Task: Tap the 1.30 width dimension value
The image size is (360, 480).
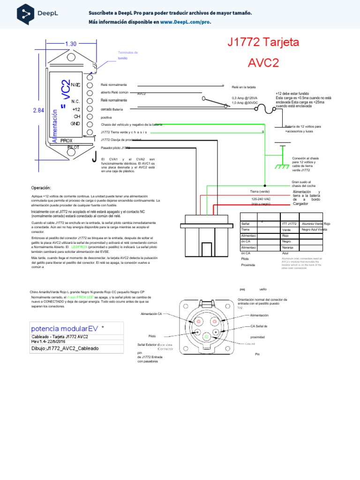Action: click(x=71, y=44)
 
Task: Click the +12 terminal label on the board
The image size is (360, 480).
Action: click(x=76, y=109)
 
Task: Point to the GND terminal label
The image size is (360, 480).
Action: click(x=75, y=124)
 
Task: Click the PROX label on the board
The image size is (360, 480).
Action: click(x=67, y=141)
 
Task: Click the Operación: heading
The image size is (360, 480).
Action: click(x=41, y=188)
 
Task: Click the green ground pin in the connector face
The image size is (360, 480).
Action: click(x=206, y=336)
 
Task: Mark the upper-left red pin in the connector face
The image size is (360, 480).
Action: click(x=197, y=322)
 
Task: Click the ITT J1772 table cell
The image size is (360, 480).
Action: click(x=289, y=224)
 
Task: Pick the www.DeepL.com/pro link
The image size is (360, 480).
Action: click(x=186, y=22)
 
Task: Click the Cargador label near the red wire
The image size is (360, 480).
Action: click(x=300, y=204)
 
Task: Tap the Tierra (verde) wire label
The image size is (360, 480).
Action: click(x=260, y=192)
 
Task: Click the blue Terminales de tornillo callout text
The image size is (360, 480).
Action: click(x=128, y=55)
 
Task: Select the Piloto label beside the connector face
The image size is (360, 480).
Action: click(x=152, y=336)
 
